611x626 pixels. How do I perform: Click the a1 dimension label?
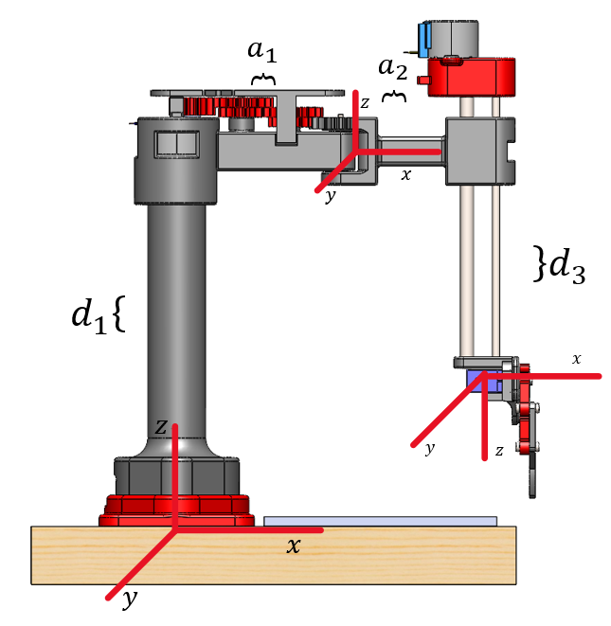pyautogui.click(x=263, y=52)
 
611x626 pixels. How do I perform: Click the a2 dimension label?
pyautogui.click(x=392, y=68)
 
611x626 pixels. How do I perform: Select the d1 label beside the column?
pyautogui.click(x=89, y=315)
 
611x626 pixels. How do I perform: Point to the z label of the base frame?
pyautogui.click(x=161, y=428)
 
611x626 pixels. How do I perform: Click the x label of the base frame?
pyautogui.click(x=294, y=546)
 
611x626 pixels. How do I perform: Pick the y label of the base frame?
pyautogui.click(x=130, y=599)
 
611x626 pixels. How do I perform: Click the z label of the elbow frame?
pyautogui.click(x=365, y=102)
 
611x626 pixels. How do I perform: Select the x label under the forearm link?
pyautogui.click(x=406, y=174)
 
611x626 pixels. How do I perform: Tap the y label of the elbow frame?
pyautogui.click(x=330, y=198)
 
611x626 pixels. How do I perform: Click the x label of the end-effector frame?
pyautogui.click(x=576, y=359)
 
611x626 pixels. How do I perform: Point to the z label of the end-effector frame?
pyautogui.click(x=498, y=452)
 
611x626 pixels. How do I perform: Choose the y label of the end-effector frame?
pyautogui.click(x=429, y=449)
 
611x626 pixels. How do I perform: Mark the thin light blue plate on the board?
pyautogui.click(x=379, y=521)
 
